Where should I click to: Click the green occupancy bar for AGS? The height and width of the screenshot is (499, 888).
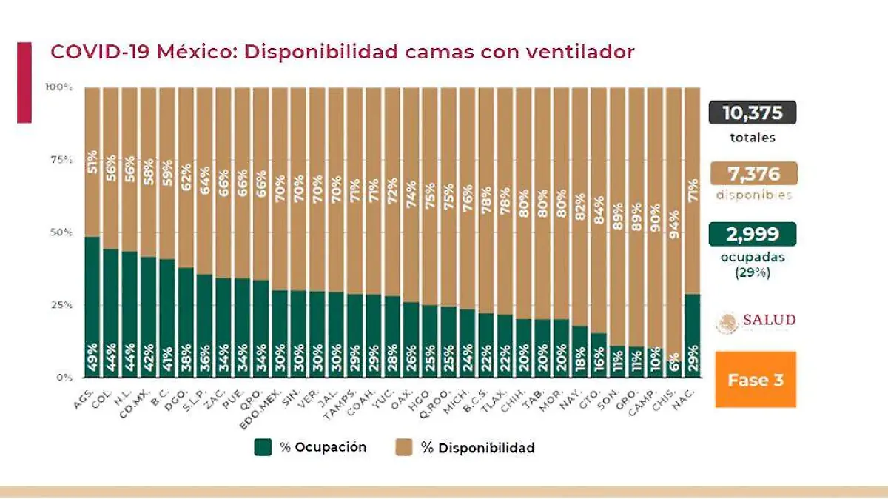[92, 307]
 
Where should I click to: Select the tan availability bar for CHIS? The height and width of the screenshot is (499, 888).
[673, 222]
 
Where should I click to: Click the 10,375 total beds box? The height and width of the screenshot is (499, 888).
[752, 113]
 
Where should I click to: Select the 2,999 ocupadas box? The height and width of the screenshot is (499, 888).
[752, 234]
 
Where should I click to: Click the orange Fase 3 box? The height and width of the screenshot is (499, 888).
[755, 380]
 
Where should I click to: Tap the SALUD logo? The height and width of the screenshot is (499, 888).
[756, 321]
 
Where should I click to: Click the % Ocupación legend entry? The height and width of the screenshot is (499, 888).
[311, 447]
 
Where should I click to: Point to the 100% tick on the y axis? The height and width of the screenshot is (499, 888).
[58, 87]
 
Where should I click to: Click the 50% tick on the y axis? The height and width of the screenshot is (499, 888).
[61, 232]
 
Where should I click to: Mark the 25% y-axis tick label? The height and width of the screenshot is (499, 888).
[61, 305]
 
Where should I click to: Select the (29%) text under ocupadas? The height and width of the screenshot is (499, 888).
[752, 271]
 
